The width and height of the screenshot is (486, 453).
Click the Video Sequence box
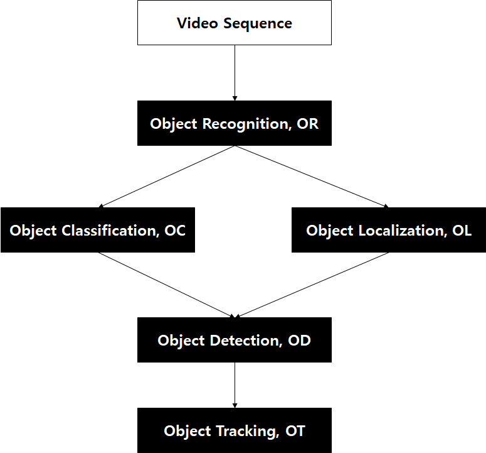pyautogui.click(x=234, y=23)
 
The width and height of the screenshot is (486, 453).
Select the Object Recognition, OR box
pyautogui.click(x=234, y=124)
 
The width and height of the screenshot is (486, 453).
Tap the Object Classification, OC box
pyautogui.click(x=97, y=230)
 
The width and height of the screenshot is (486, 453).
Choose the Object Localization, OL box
pyautogui.click(x=388, y=230)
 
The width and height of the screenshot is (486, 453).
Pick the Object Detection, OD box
pyautogui.click(x=234, y=340)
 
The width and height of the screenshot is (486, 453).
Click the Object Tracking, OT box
pyautogui.click(x=234, y=430)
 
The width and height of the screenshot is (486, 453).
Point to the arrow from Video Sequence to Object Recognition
pyautogui.click(x=235, y=72)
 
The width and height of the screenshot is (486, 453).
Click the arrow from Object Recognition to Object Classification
pyautogui.click(x=166, y=177)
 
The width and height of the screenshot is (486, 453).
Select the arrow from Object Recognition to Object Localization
pyautogui.click(x=312, y=177)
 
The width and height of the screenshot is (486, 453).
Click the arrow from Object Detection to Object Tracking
pyautogui.click(x=235, y=385)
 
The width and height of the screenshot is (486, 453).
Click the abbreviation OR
pyautogui.click(x=308, y=124)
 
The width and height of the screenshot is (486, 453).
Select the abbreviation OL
pyautogui.click(x=462, y=231)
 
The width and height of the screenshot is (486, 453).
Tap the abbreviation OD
pyautogui.click(x=300, y=341)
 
